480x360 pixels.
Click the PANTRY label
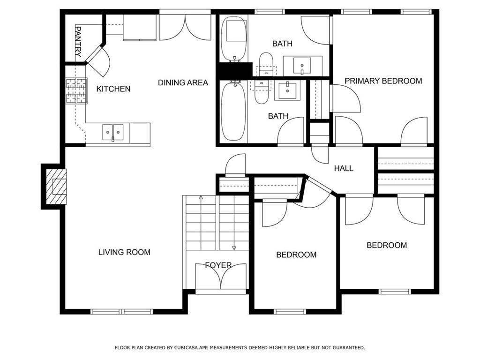point(78,42)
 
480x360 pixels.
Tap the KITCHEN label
point(113,89)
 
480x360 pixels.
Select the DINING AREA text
point(183,82)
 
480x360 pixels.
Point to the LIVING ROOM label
point(124,252)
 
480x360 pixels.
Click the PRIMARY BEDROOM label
point(383,81)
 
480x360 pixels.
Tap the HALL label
point(344,168)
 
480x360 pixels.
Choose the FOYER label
point(218,265)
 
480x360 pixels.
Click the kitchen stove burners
point(76,90)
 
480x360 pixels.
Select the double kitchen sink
point(113,132)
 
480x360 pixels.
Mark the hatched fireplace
point(56,187)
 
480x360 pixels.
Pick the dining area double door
point(185,28)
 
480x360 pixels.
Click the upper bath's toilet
point(266,64)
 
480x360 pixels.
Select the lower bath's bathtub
point(233,111)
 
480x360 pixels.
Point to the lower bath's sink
point(287,90)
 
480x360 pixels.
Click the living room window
point(121,312)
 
